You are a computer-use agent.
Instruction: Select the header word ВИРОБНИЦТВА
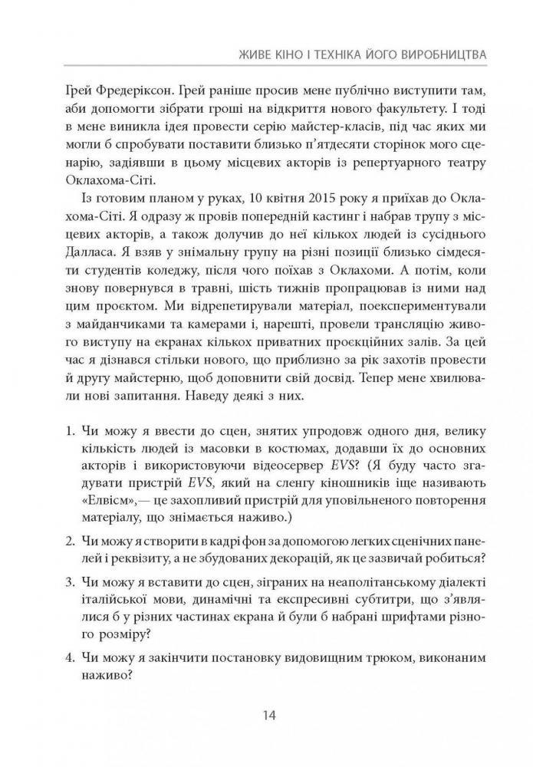point(449,56)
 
